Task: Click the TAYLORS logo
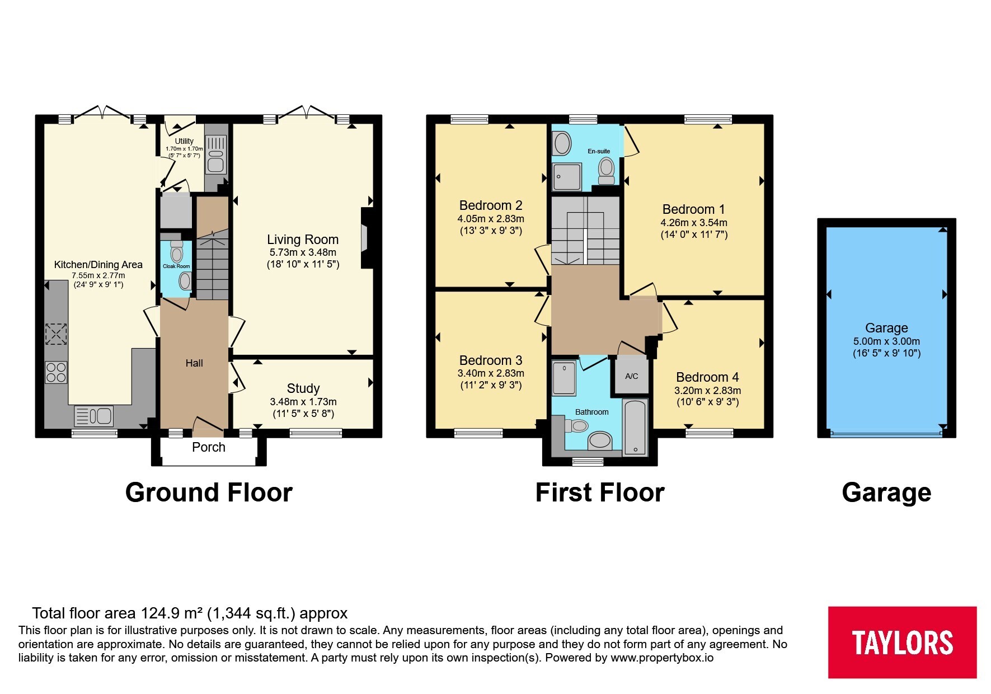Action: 902,642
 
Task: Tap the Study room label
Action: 303,388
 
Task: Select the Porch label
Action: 209,447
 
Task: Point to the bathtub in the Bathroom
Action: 635,428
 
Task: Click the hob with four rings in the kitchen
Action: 56,372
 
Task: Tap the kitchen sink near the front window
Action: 93,416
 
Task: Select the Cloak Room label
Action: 176,266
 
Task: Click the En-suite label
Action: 599,151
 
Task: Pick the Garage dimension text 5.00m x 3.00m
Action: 886,341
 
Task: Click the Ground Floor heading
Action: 209,493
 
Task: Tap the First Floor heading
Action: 600,493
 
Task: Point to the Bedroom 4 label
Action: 707,377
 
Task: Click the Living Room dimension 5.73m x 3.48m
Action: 303,252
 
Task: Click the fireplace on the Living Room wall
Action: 368,239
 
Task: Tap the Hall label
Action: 194,363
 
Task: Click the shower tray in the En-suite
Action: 566,177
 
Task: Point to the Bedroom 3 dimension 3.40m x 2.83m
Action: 491,373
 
